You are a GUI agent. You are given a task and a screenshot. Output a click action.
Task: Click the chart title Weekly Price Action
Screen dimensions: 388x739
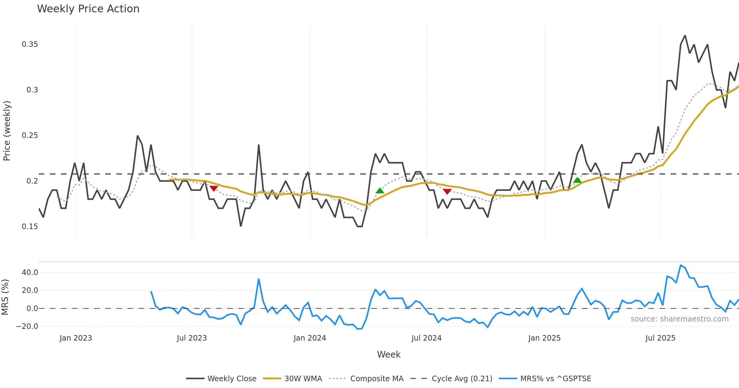point(88,9)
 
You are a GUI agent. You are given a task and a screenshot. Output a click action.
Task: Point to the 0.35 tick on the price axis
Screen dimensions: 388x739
point(30,44)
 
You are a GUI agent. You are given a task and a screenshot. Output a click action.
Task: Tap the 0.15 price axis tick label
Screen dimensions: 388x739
point(30,227)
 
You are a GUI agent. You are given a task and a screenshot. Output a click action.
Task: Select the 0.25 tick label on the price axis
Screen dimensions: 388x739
point(30,135)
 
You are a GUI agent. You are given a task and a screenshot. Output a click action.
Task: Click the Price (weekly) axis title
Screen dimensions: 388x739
point(7,131)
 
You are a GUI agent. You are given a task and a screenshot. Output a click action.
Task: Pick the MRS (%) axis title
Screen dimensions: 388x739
point(5,297)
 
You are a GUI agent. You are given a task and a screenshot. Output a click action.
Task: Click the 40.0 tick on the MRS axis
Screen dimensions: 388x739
point(30,273)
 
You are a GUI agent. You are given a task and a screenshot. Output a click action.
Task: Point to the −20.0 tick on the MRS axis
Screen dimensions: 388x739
point(27,326)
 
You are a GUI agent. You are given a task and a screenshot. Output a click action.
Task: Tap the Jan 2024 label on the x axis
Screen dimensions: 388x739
point(310,338)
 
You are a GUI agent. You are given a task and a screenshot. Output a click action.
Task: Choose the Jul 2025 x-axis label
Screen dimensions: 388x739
point(660,338)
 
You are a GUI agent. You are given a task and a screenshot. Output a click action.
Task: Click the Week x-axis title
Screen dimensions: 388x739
point(389,355)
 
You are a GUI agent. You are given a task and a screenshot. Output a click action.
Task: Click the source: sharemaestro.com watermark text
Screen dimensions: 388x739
point(679,319)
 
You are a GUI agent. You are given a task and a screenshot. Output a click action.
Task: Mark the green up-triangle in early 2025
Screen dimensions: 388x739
point(577,180)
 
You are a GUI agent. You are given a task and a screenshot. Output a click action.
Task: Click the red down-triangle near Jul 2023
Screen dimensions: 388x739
point(214,188)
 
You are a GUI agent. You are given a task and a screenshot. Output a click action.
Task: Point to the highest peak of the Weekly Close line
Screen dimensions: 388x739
point(685,36)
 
